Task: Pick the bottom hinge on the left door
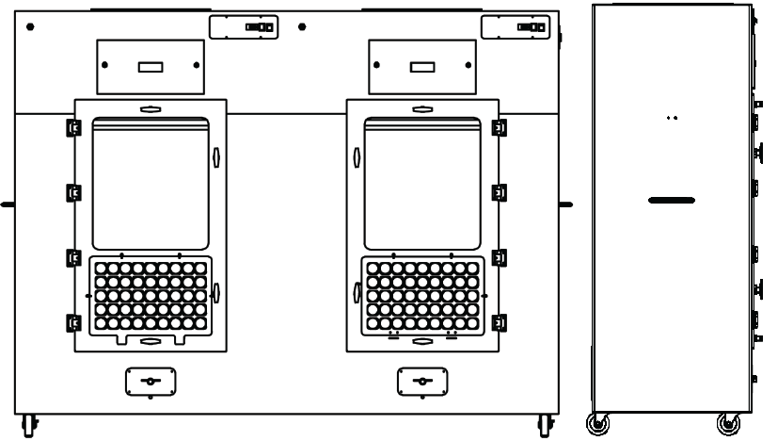(x=72, y=323)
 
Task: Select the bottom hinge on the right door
(x=500, y=323)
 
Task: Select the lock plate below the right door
(x=421, y=382)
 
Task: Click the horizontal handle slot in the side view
(x=671, y=200)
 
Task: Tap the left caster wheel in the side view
(x=596, y=423)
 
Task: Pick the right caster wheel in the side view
(x=727, y=423)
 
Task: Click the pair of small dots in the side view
(x=671, y=119)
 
